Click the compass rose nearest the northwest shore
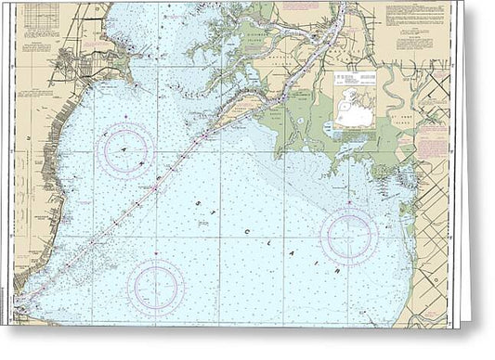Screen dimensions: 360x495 coord(126,149)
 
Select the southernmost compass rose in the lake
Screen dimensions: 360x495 coord(156,288)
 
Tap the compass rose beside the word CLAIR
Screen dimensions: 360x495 coord(348,236)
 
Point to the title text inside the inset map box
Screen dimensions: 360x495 coord(355,78)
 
